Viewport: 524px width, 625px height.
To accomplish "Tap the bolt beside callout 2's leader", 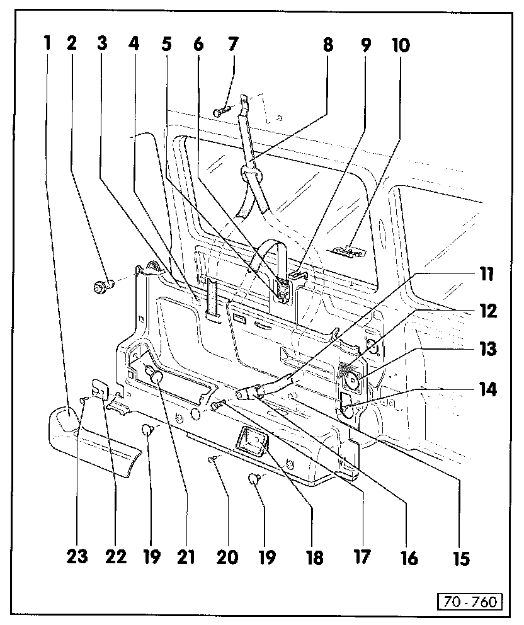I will coord(102,288).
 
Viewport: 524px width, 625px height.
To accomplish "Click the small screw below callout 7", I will coord(219,112).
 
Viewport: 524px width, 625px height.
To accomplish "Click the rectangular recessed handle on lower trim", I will coord(251,439).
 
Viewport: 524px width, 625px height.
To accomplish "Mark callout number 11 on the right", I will coord(487,275).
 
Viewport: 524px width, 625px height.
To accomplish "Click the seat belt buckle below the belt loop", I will coord(283,291).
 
